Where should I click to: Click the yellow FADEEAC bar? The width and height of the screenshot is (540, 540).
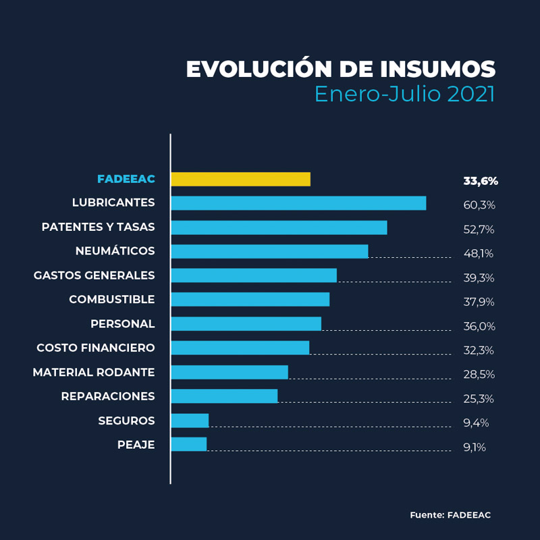[x=240, y=179]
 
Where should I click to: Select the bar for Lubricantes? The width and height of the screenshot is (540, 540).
[x=298, y=203]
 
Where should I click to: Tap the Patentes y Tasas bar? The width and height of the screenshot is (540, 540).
[x=279, y=227]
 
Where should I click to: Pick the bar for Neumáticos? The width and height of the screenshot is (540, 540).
[x=269, y=251]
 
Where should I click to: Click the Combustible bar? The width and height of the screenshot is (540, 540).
[x=250, y=300]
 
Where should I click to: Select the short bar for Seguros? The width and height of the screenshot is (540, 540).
[x=190, y=421]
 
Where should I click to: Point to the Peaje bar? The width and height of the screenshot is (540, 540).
[x=188, y=444]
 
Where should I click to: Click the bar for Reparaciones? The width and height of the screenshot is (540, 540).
[x=224, y=396]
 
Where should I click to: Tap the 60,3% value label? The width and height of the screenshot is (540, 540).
[x=479, y=205]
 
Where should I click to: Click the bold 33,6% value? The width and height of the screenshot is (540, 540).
[x=481, y=181]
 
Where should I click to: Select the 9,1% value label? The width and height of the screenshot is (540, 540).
[x=475, y=447]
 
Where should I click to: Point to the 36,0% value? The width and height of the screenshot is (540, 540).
[x=479, y=326]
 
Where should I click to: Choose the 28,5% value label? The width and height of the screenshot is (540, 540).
[x=479, y=375]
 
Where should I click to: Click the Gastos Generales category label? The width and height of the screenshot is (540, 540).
[x=94, y=275]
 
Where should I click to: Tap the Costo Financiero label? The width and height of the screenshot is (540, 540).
[x=95, y=348]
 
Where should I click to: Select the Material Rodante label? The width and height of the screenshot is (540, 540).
[x=94, y=372]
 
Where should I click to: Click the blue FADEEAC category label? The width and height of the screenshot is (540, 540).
[x=126, y=179]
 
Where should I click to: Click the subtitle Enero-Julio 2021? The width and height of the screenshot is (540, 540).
[x=404, y=94]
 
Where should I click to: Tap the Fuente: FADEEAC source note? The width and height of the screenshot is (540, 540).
[x=450, y=515]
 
